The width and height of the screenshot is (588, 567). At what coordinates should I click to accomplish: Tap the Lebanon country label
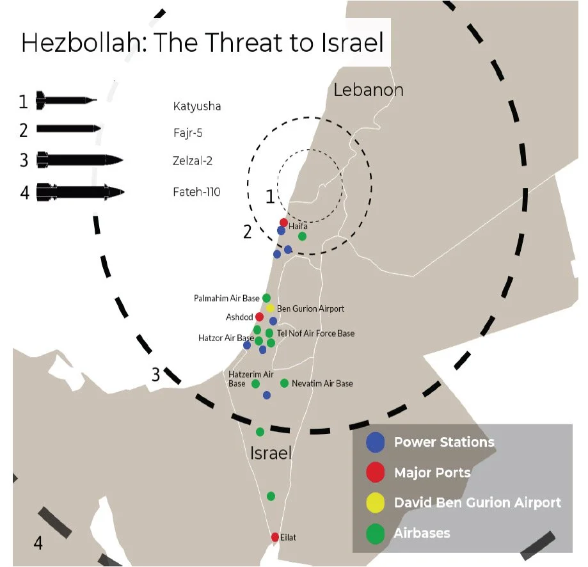pos(369,90)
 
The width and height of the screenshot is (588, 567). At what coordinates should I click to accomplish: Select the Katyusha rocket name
pos(196,106)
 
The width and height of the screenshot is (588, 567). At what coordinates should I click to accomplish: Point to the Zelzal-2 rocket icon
pos(79,159)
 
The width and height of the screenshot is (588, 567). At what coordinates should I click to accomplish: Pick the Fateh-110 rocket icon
pos(80,191)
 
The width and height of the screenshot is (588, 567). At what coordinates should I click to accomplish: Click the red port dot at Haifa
pos(283,222)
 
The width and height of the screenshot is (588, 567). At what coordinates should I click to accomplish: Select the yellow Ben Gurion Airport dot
pos(270,308)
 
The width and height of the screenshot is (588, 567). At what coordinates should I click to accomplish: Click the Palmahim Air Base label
pos(226,298)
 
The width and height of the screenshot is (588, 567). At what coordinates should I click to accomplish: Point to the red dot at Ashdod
pos(259,317)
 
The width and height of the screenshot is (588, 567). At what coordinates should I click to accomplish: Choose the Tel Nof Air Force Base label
pos(315,333)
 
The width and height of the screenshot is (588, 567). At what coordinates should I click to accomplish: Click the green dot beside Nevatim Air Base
pos(284,383)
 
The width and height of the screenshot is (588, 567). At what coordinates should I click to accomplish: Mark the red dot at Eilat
pos(275,537)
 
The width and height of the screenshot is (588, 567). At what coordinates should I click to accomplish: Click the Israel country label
pos(271,454)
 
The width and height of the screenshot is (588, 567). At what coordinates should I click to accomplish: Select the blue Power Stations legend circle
pos(375,442)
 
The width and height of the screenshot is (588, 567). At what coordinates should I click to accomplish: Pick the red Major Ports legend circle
pos(375,473)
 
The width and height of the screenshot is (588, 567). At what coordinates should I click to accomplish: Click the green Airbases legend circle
pos(375,534)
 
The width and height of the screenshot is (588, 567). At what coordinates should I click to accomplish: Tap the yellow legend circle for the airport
pos(375,503)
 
